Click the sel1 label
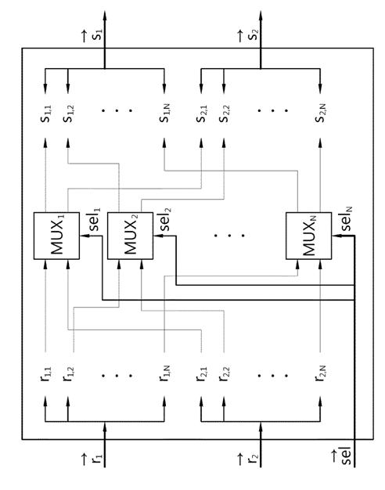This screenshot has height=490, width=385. point(95,218)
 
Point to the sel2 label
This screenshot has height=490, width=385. point(165,218)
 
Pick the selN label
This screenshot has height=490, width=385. point(346,218)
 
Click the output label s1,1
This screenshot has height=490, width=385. point(46,114)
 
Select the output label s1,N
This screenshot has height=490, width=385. point(164,114)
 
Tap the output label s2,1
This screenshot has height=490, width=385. point(202,114)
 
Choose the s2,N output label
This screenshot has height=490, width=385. point(320,114)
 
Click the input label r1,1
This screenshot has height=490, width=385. point(46,374)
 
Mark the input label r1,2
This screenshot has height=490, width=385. point(68,374)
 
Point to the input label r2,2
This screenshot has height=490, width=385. point(224,374)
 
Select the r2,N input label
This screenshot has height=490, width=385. point(320,373)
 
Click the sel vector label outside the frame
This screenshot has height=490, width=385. point(343,456)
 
